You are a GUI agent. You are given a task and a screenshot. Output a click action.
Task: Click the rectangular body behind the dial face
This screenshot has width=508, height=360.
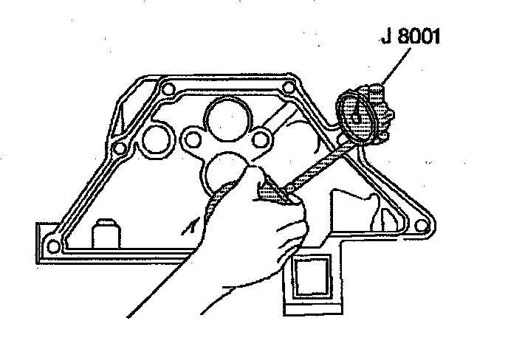(x=380, y=111)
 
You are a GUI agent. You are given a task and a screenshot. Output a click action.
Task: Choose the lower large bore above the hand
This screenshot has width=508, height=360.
(x=223, y=174)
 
